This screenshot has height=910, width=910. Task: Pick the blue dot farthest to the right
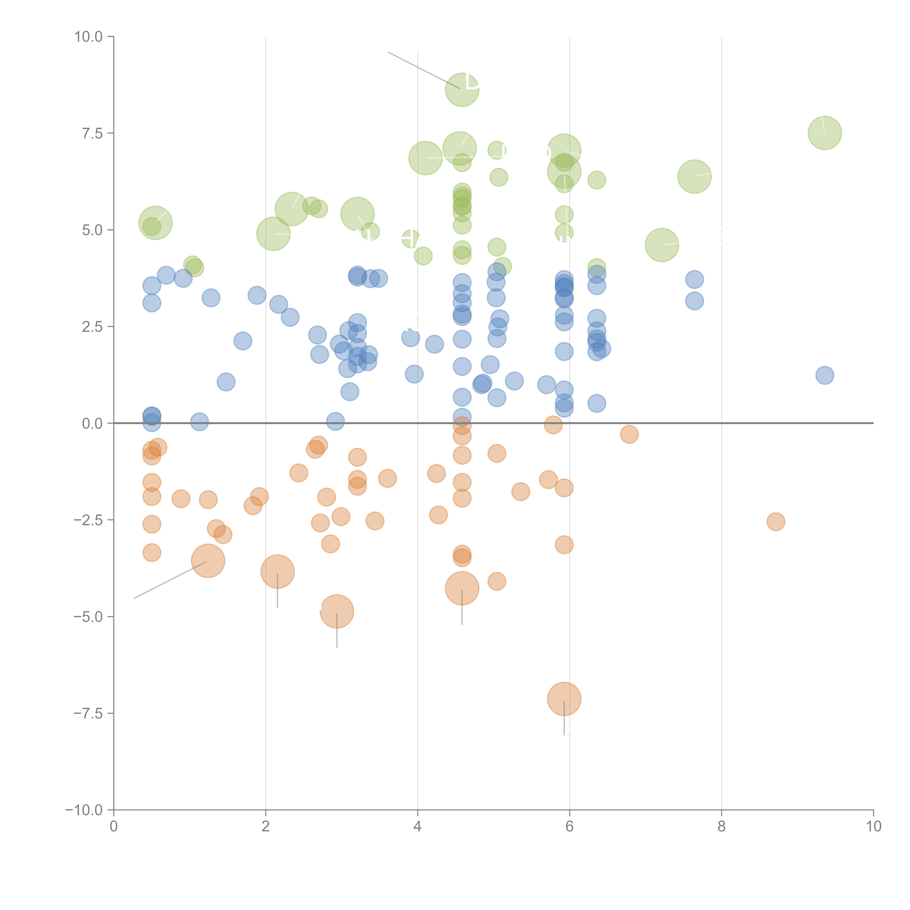(x=824, y=375)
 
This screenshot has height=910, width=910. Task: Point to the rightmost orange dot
(x=775, y=521)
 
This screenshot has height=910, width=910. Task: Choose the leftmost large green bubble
(x=155, y=223)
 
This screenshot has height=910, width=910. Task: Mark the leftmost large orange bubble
(x=208, y=561)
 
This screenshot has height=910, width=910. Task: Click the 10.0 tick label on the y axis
(x=89, y=37)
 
